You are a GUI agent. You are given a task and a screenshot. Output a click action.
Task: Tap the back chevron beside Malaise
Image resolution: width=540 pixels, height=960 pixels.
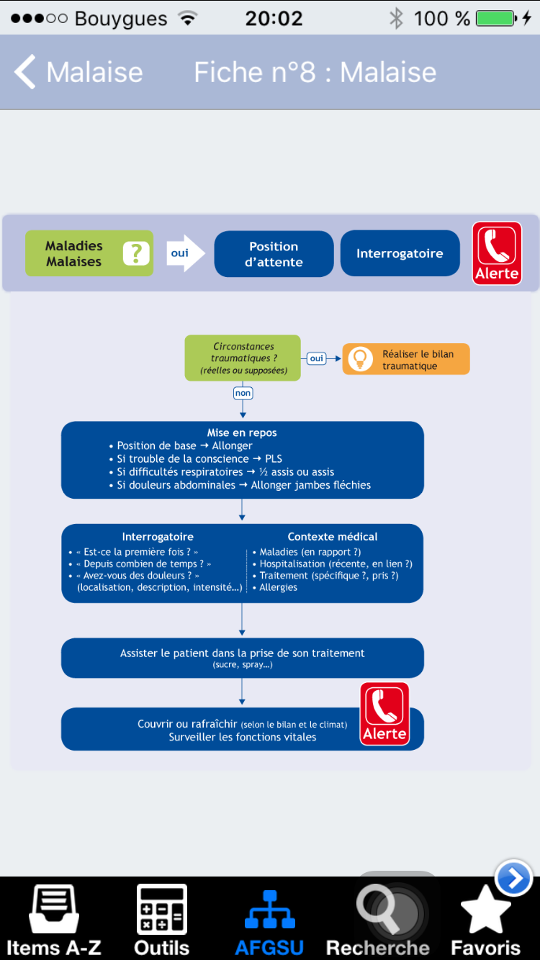[x=25, y=71]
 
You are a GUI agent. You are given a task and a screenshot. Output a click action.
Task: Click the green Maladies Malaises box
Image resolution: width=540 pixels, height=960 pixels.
[x=89, y=253]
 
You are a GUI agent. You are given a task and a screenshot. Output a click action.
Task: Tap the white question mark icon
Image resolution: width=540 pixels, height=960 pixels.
[x=136, y=253]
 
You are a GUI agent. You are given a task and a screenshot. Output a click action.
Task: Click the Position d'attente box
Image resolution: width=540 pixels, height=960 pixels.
[x=274, y=254]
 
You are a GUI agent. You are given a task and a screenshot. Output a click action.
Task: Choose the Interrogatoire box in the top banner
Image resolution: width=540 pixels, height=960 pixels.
[x=400, y=253]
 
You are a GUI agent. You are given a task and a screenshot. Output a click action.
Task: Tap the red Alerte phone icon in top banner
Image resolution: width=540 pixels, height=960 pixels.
[x=497, y=253]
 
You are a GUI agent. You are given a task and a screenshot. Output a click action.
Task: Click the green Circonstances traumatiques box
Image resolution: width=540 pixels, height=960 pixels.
[x=243, y=358]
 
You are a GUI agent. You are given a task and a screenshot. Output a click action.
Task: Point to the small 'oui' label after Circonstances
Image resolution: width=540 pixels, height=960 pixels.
[x=317, y=358]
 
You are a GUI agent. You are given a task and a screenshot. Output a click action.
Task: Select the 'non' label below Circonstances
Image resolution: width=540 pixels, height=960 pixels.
[x=243, y=393]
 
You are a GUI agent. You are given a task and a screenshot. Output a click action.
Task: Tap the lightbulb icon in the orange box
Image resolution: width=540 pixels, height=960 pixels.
[x=360, y=358]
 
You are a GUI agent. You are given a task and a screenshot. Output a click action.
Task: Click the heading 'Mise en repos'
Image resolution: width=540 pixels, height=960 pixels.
[x=242, y=433]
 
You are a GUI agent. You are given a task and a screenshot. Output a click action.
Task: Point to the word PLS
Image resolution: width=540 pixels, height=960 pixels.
[x=274, y=459]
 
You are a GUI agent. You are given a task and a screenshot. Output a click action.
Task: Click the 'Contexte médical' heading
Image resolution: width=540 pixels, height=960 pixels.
[x=333, y=537]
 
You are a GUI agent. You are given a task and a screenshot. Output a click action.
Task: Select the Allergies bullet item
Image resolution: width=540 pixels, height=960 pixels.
[x=278, y=587]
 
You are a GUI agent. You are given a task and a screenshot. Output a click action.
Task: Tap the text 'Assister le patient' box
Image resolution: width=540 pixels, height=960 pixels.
[x=243, y=658]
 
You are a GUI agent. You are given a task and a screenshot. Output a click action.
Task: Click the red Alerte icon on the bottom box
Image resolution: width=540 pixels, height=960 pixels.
[x=384, y=714]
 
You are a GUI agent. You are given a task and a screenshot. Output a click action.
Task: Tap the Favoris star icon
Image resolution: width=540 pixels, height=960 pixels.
[x=485, y=910]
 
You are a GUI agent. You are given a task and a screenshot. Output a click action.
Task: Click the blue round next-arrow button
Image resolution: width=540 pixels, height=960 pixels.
[x=514, y=878]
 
